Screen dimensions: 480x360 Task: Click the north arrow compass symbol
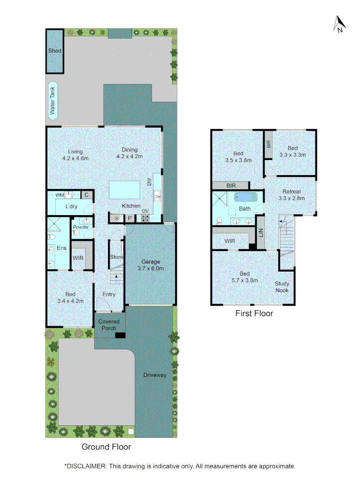[339, 24]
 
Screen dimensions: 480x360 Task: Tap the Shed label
[55, 51]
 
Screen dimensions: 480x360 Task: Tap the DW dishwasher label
[149, 182]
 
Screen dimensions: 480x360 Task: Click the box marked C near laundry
[87, 195]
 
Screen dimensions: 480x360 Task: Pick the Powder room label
[81, 227]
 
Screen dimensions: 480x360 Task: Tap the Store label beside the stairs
[116, 257]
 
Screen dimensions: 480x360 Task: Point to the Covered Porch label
[109, 325]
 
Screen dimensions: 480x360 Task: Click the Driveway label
[155, 375]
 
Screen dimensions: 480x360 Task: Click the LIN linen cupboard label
[260, 232]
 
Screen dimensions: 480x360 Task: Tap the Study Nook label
[282, 287]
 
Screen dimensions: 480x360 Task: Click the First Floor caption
[254, 313]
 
